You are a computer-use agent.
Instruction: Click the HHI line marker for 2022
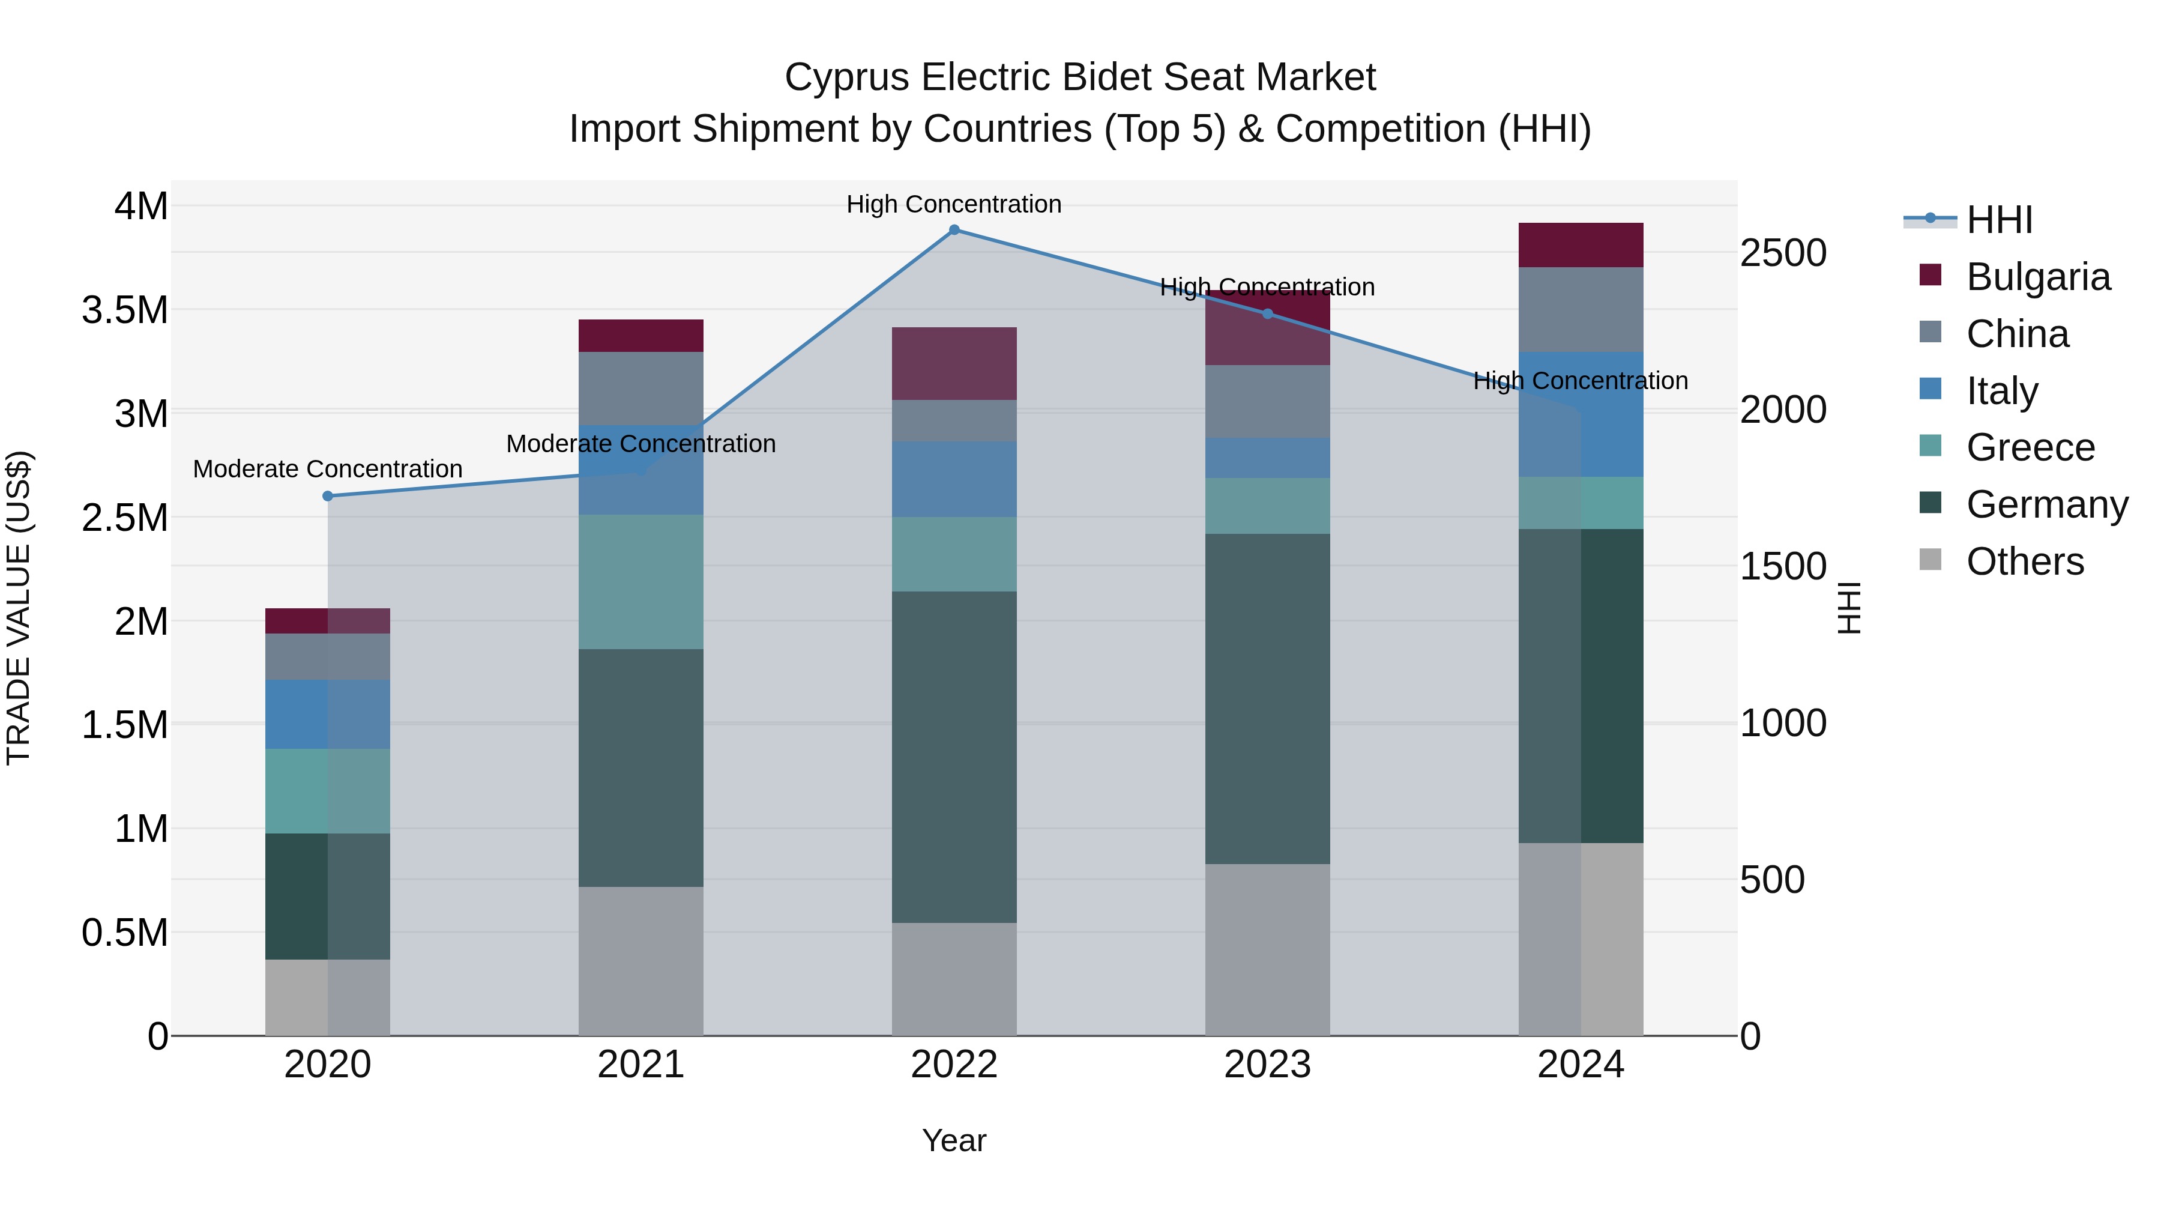tap(954, 230)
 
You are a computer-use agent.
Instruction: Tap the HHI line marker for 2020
tap(328, 496)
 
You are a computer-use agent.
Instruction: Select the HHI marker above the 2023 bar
tap(1268, 314)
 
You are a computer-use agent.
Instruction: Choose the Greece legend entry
tap(2030, 447)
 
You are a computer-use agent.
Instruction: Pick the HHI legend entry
tap(1999, 220)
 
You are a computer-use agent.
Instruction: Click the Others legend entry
tap(2024, 561)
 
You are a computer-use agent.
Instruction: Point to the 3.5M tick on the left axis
tap(125, 310)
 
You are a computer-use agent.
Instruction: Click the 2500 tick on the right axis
tap(1783, 253)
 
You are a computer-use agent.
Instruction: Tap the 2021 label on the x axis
tap(641, 1065)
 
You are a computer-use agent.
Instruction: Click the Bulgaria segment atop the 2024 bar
tap(1581, 245)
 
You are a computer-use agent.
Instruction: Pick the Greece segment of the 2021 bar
tap(641, 581)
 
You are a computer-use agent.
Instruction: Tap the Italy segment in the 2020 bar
tap(328, 714)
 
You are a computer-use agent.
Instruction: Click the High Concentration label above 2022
tap(954, 205)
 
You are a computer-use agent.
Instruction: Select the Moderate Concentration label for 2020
tap(328, 469)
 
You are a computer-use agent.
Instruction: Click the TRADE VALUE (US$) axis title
tap(19, 608)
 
